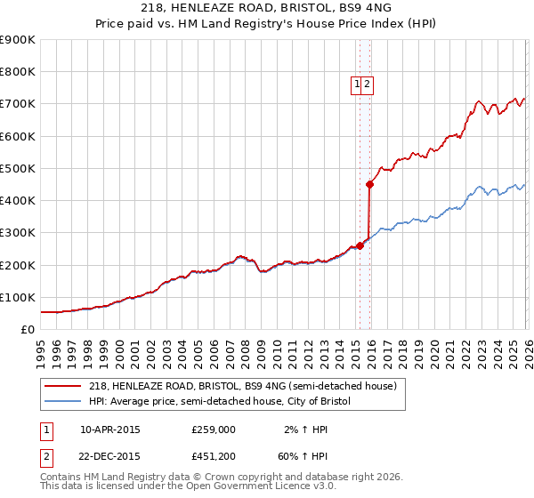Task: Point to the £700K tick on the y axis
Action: point(18,104)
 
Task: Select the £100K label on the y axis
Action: point(18,298)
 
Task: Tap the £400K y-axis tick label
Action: point(18,201)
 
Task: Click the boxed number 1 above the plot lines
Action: point(358,84)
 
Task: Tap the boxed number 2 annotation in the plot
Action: point(367,84)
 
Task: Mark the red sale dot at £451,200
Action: point(369,184)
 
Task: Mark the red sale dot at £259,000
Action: point(360,245)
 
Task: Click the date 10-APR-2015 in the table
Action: point(110,429)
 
